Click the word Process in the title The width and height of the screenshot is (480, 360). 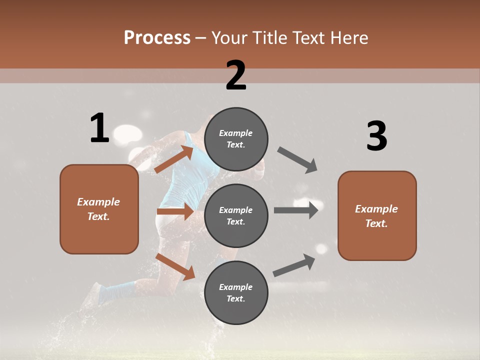pyautogui.click(x=157, y=37)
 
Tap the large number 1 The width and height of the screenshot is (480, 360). pyautogui.click(x=99, y=128)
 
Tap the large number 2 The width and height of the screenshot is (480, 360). pyautogui.click(x=236, y=75)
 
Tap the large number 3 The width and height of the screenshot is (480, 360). pyautogui.click(x=376, y=136)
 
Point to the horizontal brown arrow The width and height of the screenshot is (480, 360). pyautogui.click(x=175, y=211)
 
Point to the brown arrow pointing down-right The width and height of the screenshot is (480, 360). pyautogui.click(x=175, y=266)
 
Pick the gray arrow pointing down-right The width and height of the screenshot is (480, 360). pyautogui.click(x=297, y=160)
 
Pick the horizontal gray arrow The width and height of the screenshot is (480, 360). pyautogui.click(x=295, y=210)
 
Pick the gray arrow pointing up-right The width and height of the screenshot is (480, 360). pyautogui.click(x=294, y=265)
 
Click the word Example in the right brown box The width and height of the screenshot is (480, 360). pyautogui.click(x=376, y=209)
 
